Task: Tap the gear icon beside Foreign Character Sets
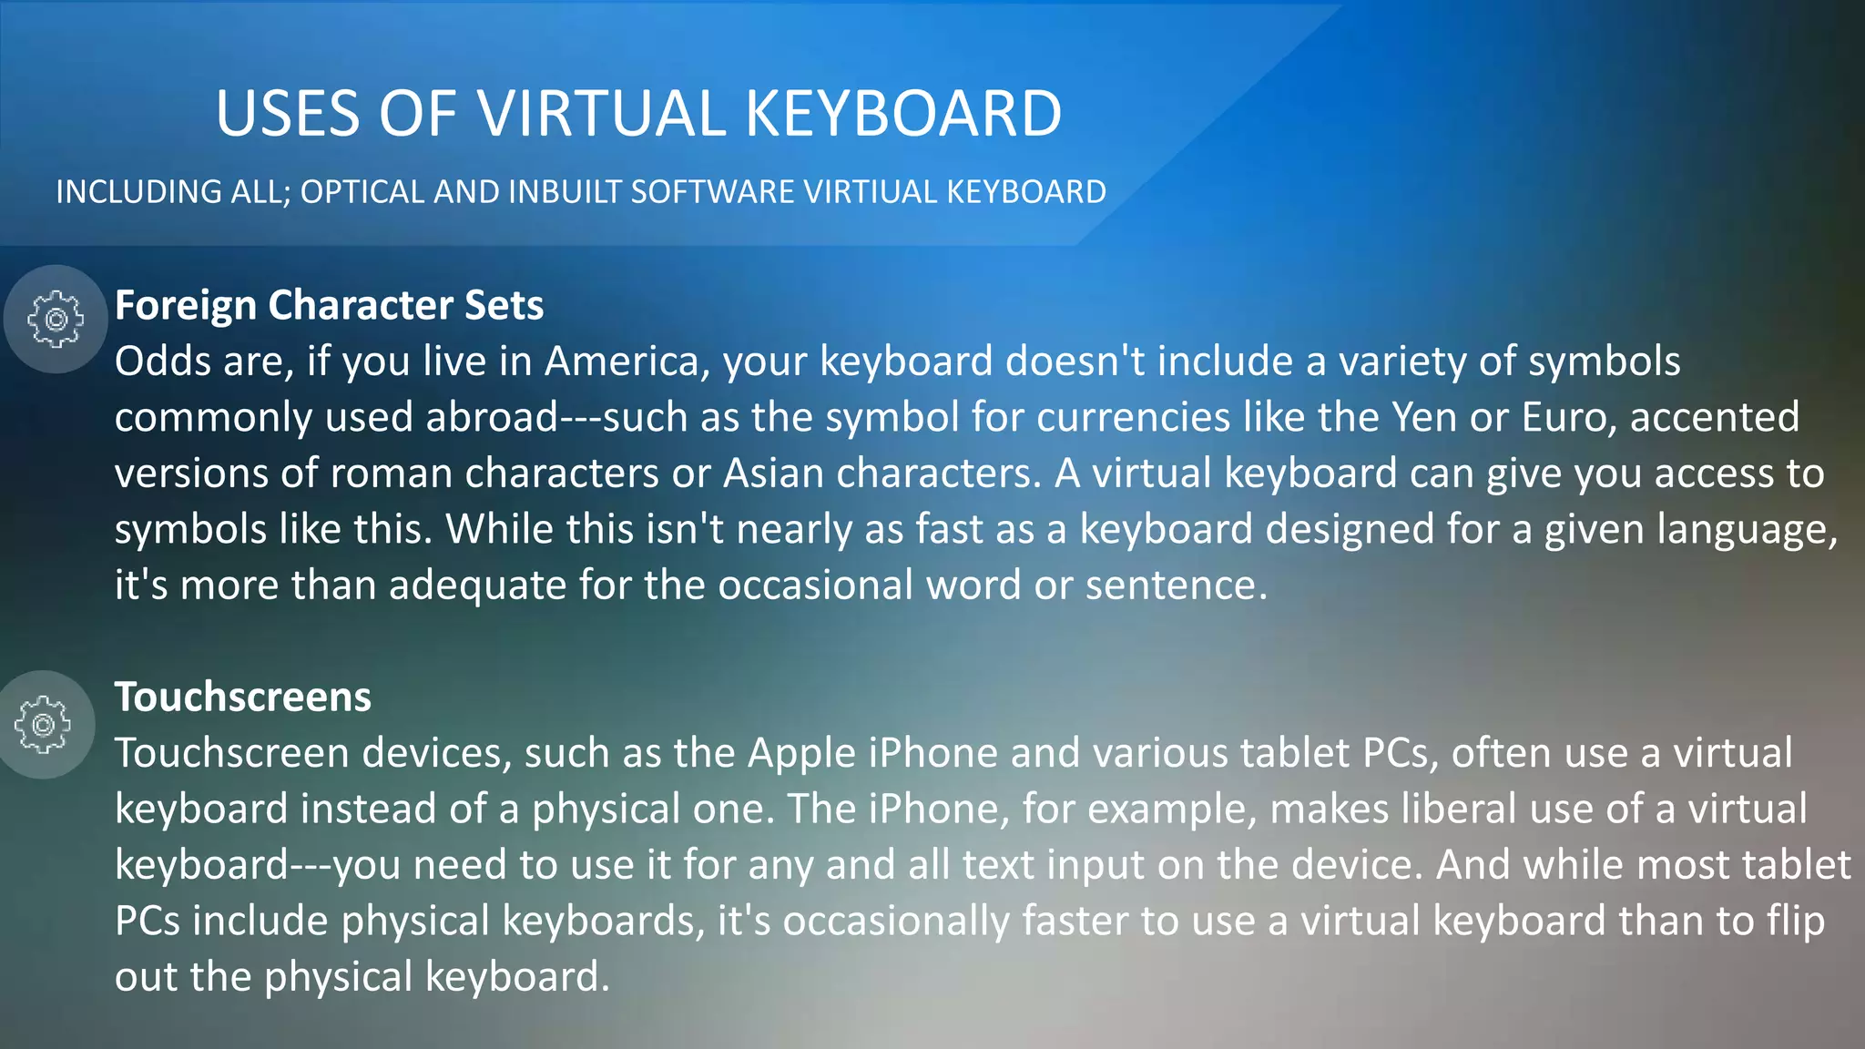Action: (x=56, y=319)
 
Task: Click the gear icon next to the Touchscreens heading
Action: (x=43, y=725)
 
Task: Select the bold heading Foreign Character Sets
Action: (x=329, y=305)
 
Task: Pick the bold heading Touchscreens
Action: (x=243, y=697)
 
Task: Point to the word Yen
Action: (x=1424, y=418)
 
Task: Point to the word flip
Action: (x=1796, y=922)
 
